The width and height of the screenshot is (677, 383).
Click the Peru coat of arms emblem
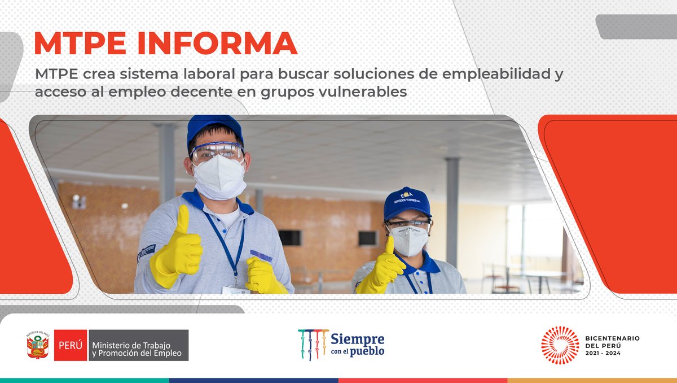tap(37, 345)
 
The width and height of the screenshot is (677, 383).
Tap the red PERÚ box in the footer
tap(71, 345)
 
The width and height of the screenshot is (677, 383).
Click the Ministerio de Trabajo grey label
tap(138, 345)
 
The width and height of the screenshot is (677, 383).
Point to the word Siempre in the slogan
tap(358, 339)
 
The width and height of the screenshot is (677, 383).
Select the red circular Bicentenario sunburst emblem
tap(560, 345)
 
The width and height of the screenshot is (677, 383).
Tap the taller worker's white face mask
tap(219, 176)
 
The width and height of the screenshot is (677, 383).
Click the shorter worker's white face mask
tap(410, 240)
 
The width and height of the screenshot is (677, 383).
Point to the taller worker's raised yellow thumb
tap(182, 220)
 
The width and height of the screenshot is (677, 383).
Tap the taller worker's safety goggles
tap(217, 151)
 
